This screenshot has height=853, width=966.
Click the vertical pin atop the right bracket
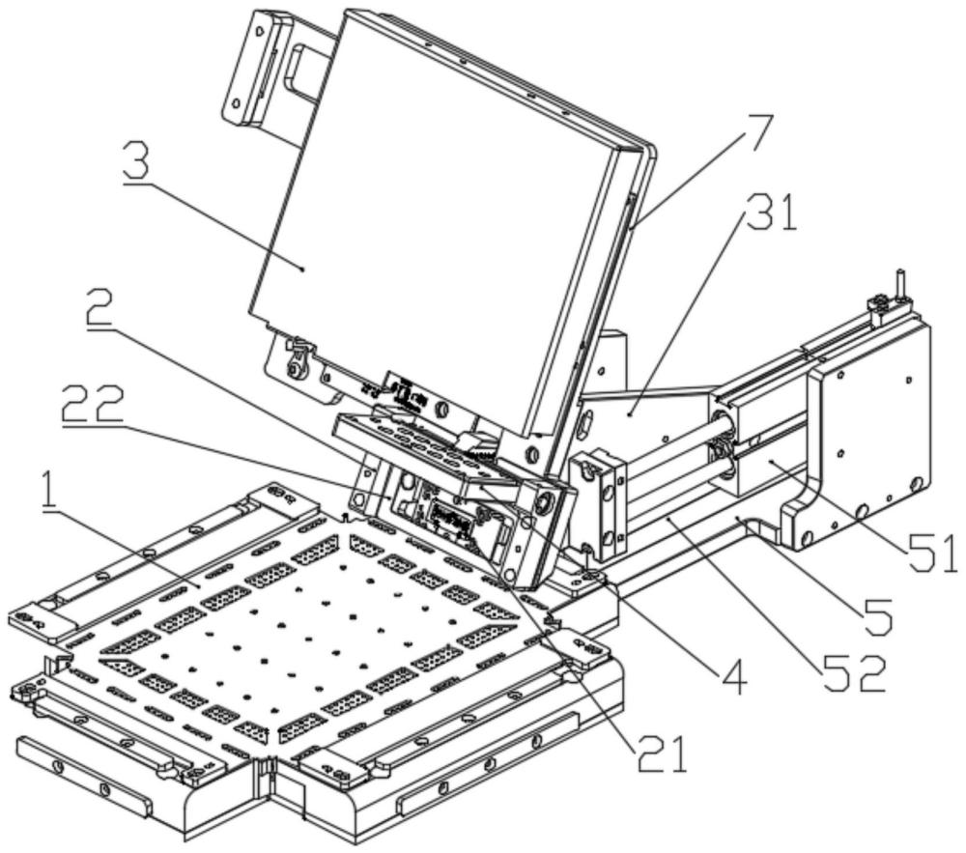point(899,284)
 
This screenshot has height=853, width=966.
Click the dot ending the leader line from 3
point(301,270)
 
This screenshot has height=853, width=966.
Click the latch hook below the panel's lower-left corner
point(297,356)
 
